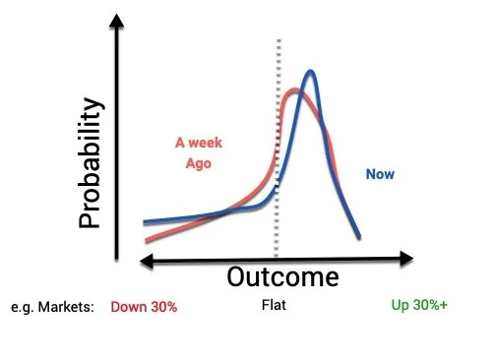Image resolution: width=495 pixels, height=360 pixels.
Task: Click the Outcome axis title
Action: click(x=282, y=276)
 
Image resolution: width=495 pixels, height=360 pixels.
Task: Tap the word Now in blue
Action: click(x=380, y=174)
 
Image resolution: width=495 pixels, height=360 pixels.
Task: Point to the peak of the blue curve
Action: click(x=311, y=72)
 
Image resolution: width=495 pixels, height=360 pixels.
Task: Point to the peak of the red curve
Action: click(x=292, y=93)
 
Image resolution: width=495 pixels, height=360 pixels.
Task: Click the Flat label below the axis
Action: click(x=275, y=306)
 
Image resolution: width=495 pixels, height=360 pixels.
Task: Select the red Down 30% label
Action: click(x=144, y=306)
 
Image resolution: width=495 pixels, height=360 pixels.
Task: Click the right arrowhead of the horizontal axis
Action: click(x=405, y=260)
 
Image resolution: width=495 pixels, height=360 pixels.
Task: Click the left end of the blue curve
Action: click(x=144, y=223)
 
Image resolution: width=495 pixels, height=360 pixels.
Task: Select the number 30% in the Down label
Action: click(x=160, y=306)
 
